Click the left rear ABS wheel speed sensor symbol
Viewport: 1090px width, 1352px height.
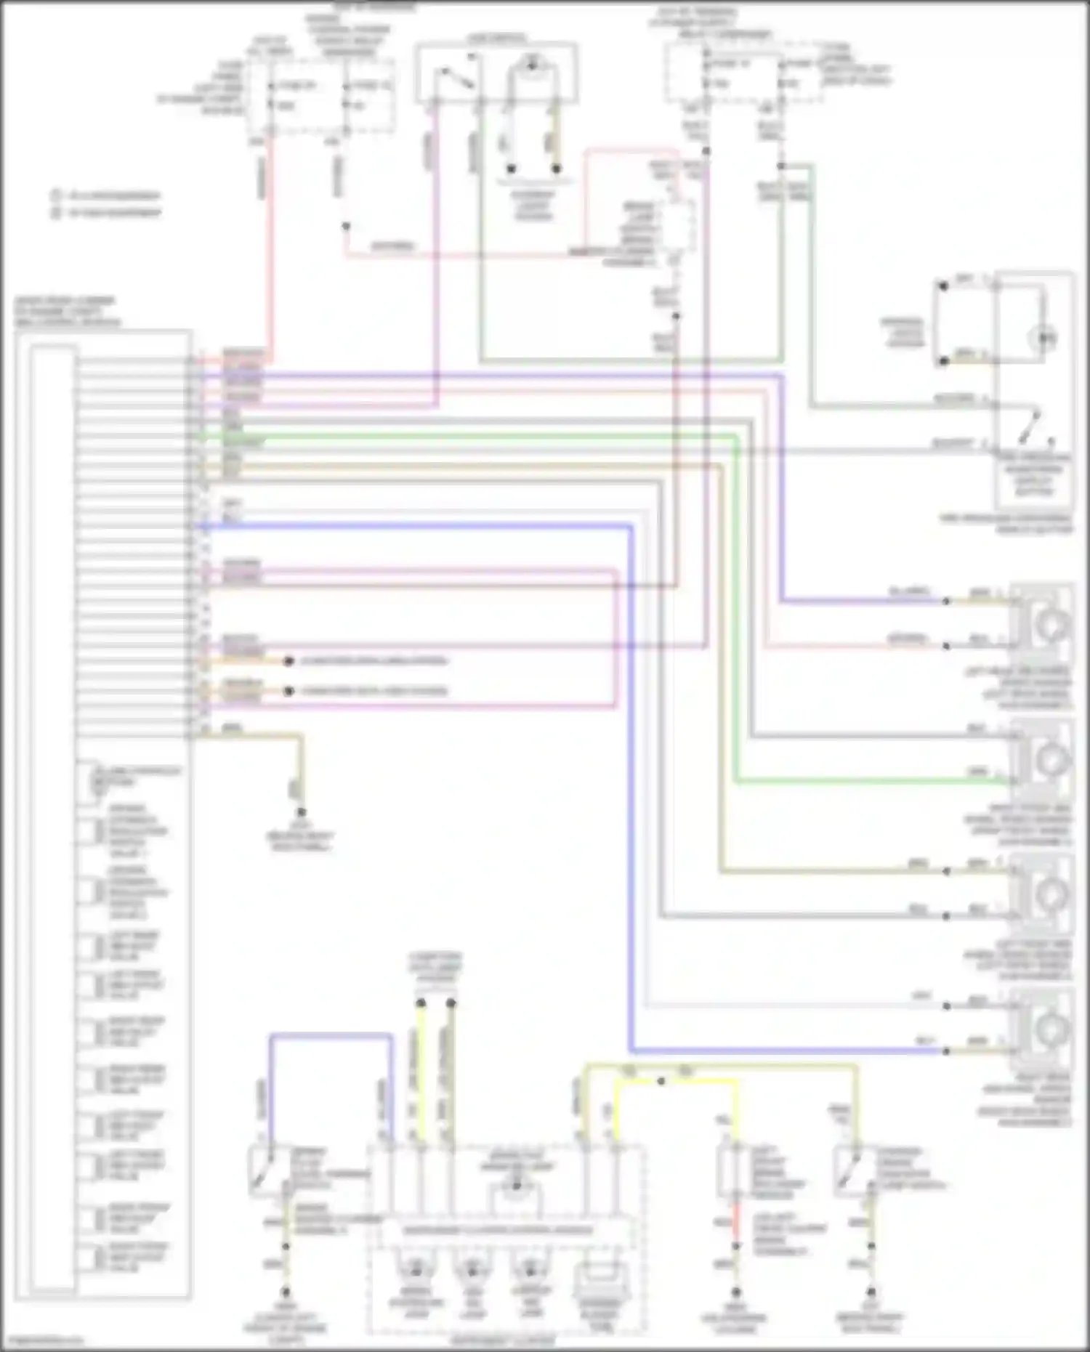(1046, 623)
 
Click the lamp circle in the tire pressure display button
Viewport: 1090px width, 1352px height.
(1044, 338)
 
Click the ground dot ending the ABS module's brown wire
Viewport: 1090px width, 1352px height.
(301, 812)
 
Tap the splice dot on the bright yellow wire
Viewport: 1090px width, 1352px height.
(661, 1081)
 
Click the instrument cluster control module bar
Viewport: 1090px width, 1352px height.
(498, 1230)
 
